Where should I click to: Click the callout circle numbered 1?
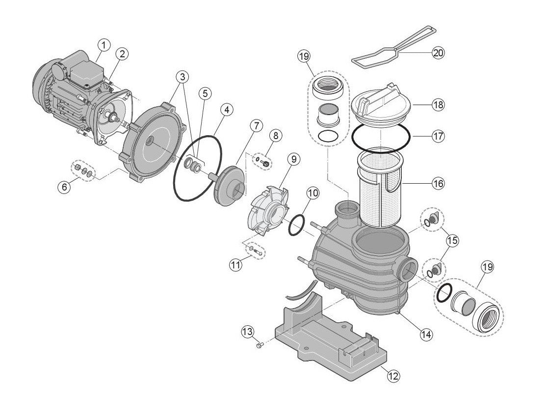pos(103,45)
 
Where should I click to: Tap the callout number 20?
pos(438,52)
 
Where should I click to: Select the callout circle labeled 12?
pos(393,376)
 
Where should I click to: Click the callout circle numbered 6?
pos(65,187)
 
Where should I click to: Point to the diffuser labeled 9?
pos(267,211)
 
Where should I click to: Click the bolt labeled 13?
pos(260,346)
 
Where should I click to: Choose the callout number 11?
pos(236,264)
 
